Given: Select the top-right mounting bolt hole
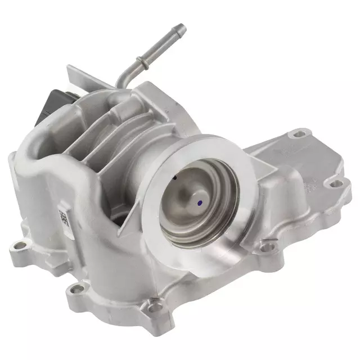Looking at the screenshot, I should coord(299,133).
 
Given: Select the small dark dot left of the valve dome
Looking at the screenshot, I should coord(174,178).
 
